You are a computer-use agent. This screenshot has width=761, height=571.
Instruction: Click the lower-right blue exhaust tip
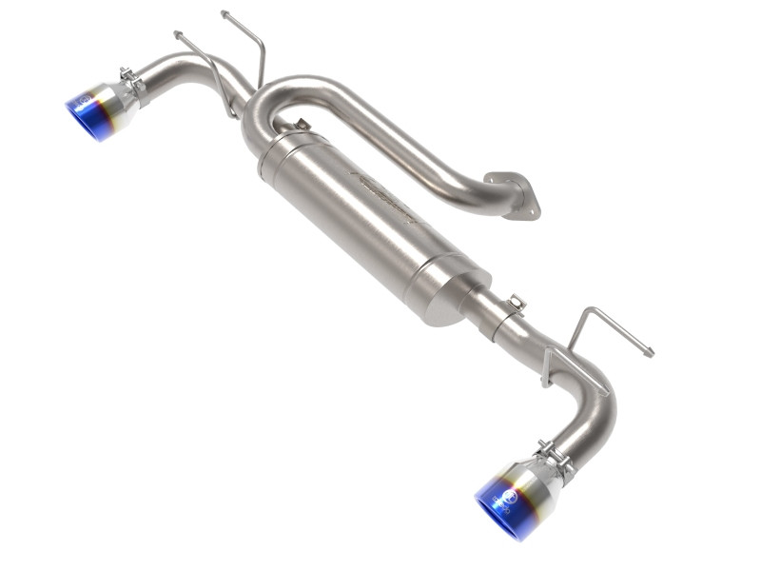pos(503,504)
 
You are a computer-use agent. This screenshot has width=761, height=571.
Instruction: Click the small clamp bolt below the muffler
pos(515,304)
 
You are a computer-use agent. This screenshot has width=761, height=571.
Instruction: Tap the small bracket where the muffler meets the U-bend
pos(301,124)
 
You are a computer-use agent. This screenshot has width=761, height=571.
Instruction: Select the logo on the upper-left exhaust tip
pos(83,99)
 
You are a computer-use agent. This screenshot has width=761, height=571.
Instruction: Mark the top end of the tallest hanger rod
pos(224,14)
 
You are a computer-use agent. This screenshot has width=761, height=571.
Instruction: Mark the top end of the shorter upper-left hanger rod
pos(178,35)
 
